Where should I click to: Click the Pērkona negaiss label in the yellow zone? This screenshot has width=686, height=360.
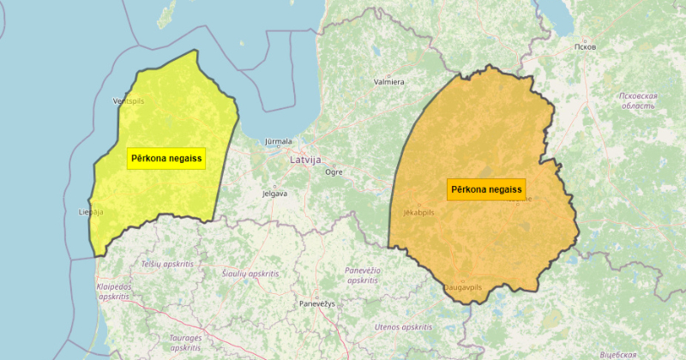pyautogui.click(x=166, y=159)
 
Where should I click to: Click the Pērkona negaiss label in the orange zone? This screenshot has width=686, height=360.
pyautogui.click(x=486, y=189)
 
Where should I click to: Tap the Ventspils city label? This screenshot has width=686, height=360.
pyautogui.click(x=129, y=100)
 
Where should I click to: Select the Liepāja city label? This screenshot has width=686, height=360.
pyautogui.click(x=90, y=211)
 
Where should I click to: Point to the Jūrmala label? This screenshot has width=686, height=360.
pyautogui.click(x=279, y=141)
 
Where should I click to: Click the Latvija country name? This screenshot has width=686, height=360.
pyautogui.click(x=305, y=160)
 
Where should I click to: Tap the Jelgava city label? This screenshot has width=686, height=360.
pyautogui.click(x=274, y=194)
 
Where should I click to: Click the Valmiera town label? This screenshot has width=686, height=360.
pyautogui.click(x=388, y=82)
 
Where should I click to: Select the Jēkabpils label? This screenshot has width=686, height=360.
pyautogui.click(x=419, y=212)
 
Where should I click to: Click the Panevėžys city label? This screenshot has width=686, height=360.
pyautogui.click(x=317, y=304)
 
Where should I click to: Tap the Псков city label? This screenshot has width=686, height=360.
pyautogui.click(x=588, y=45)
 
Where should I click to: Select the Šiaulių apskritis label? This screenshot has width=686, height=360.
pyautogui.click(x=251, y=273)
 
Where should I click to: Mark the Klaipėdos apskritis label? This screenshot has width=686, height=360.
pyautogui.click(x=113, y=291)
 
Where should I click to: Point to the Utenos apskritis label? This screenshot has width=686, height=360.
pyautogui.click(x=403, y=327)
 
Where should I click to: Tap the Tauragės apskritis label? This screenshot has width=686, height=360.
pyautogui.click(x=185, y=343)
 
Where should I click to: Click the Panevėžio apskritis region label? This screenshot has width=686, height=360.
pyautogui.click(x=362, y=275)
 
